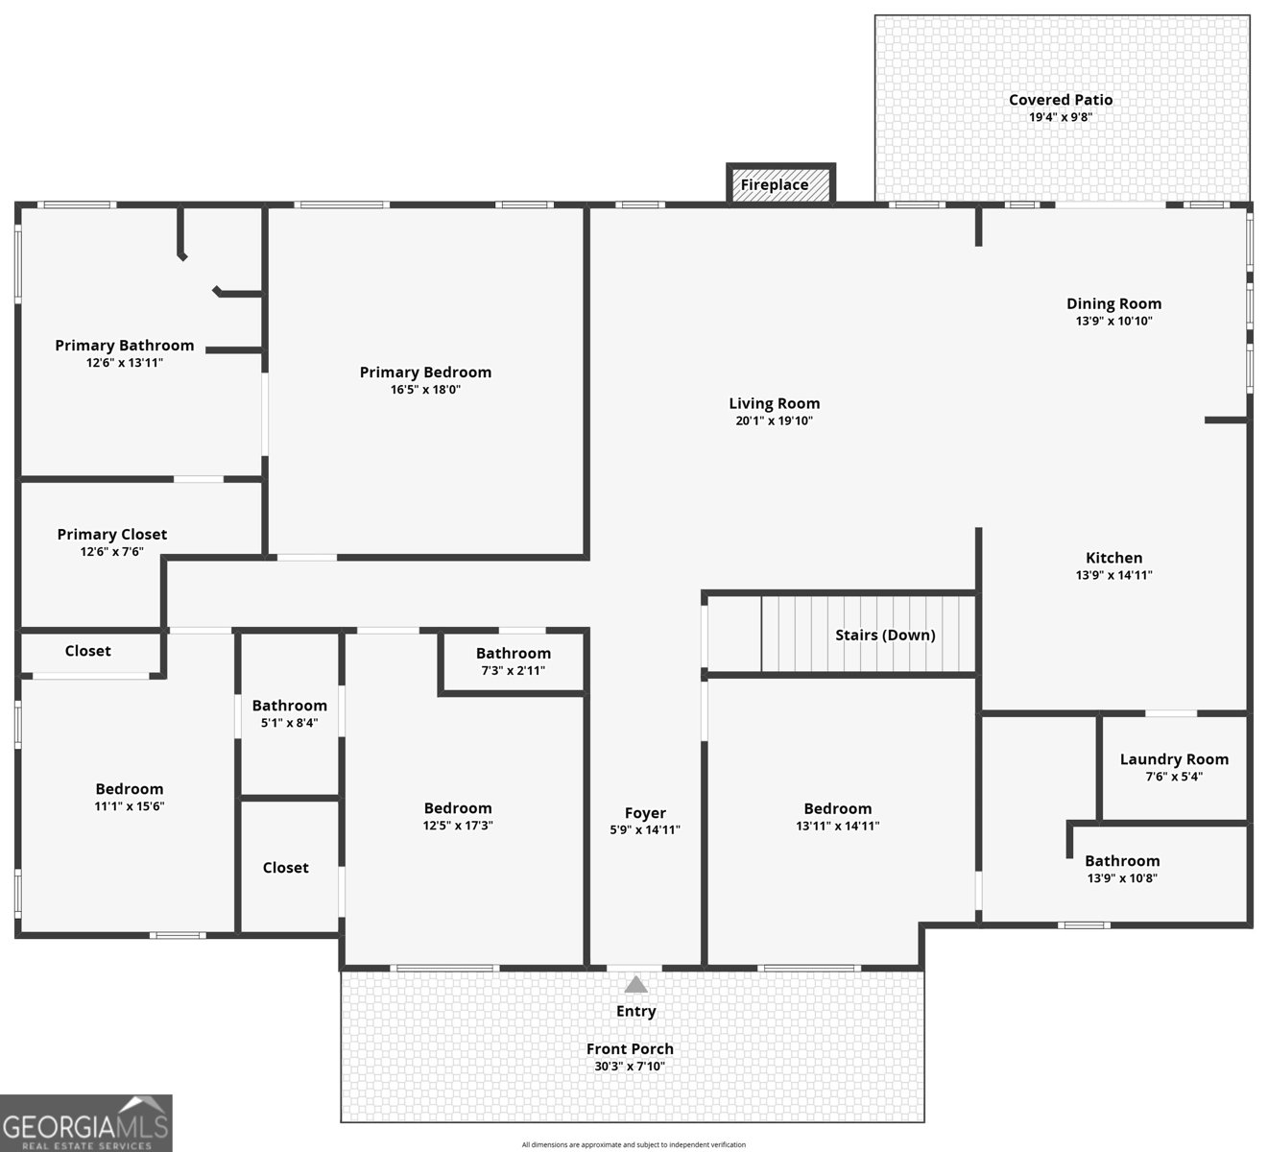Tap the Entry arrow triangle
636,985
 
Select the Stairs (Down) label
885,635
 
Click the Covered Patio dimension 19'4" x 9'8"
1061,117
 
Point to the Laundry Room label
1174,759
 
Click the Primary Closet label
112,535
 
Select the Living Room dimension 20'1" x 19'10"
774,420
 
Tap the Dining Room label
1113,304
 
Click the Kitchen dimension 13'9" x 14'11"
1113,575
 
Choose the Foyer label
645,813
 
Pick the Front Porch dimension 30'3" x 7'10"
630,1066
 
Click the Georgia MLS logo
86,1123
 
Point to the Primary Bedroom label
425,372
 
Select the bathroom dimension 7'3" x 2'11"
513,670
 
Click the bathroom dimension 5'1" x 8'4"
289,723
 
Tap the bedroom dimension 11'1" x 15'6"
129,806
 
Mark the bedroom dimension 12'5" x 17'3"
458,826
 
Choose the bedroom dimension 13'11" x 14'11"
837,826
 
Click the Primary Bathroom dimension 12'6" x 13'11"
124,363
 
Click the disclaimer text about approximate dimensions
634,1144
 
